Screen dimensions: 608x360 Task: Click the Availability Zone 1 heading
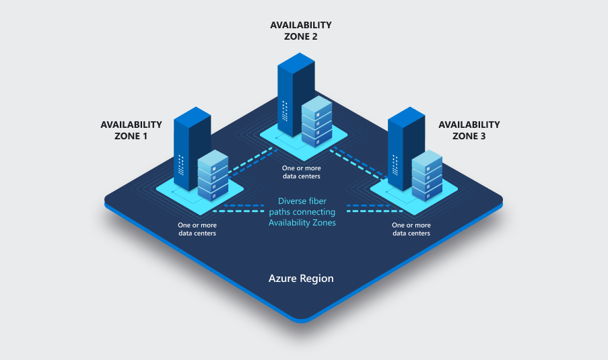click(x=131, y=130)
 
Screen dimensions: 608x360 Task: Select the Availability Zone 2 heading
click(x=301, y=30)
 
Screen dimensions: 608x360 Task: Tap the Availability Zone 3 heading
click(x=469, y=130)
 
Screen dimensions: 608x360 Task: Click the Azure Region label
click(x=301, y=279)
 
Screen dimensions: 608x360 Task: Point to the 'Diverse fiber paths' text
click(x=302, y=212)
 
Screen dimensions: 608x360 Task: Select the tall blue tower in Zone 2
click(x=296, y=95)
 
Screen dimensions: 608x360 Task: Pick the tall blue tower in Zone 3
click(x=406, y=149)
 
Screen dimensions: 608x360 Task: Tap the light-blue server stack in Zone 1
click(x=213, y=176)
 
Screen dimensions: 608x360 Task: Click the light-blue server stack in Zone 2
click(x=317, y=121)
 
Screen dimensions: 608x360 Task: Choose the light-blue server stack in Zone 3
click(x=427, y=176)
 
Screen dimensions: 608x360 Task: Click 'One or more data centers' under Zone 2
click(x=301, y=172)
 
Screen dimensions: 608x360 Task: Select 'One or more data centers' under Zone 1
click(x=197, y=229)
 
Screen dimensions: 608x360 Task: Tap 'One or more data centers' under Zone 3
click(x=411, y=229)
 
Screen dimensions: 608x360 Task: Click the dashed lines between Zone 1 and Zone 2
click(x=252, y=162)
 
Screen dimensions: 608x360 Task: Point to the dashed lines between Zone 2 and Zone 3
click(x=359, y=163)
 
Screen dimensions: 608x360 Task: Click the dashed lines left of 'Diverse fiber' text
click(x=238, y=209)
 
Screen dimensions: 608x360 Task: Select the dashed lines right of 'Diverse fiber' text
click(x=374, y=209)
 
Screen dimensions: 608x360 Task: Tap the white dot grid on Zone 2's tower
click(x=285, y=111)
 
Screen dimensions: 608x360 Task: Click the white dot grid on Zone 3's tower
click(x=395, y=165)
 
